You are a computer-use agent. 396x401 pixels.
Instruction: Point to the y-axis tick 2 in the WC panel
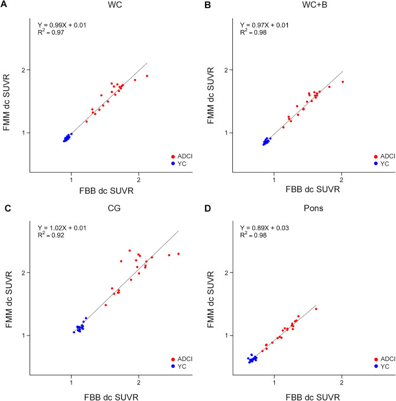pos(27,70)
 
